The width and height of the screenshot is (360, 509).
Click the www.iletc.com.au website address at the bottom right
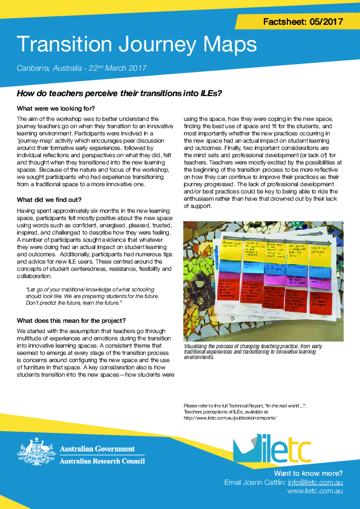[315, 492]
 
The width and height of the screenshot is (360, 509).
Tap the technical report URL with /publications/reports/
[229, 417]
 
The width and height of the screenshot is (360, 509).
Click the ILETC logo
[272, 450]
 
